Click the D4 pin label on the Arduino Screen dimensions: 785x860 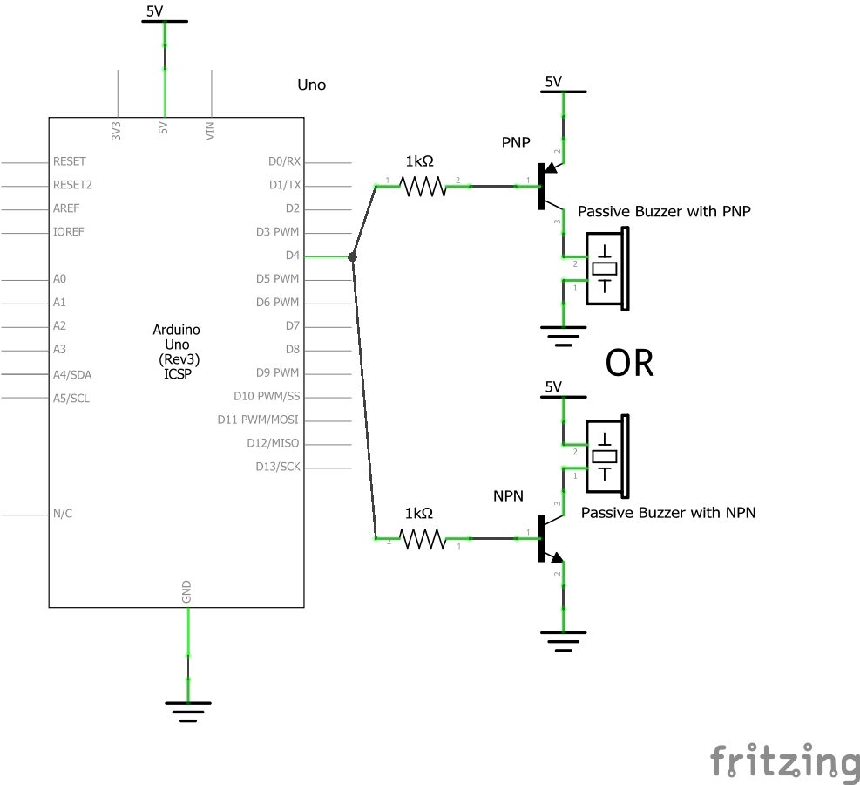click(x=292, y=256)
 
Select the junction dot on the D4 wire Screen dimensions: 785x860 click(x=352, y=257)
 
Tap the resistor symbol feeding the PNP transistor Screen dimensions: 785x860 click(x=423, y=186)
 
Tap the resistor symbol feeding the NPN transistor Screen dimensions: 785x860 click(x=423, y=540)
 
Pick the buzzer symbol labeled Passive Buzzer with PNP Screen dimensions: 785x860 click(x=607, y=269)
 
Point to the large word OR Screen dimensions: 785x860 click(x=629, y=363)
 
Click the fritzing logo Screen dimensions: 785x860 click(x=783, y=761)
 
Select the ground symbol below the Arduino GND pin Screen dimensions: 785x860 click(x=187, y=710)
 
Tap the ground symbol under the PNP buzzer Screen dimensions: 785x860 click(x=564, y=333)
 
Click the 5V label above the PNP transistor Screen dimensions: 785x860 click(x=553, y=82)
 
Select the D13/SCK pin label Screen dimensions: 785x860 click(x=277, y=467)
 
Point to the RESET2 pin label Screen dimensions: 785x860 click(x=72, y=185)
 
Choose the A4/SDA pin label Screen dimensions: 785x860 click(x=71, y=374)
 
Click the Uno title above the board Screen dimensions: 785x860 click(x=311, y=85)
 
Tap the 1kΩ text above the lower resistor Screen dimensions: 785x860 click(x=419, y=514)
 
